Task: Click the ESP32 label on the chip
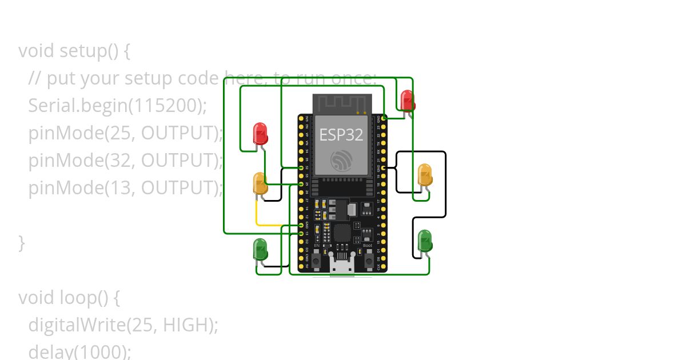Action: [x=341, y=135]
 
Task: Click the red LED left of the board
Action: [x=260, y=134]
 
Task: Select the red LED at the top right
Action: [x=407, y=101]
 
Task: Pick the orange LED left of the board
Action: [x=260, y=184]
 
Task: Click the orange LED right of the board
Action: [x=425, y=175]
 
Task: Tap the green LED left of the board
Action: [x=260, y=250]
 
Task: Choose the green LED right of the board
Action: [x=425, y=241]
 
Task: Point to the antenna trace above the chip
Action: [x=342, y=103]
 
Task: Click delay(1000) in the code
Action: [x=79, y=351]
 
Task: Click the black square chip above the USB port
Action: [x=342, y=232]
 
